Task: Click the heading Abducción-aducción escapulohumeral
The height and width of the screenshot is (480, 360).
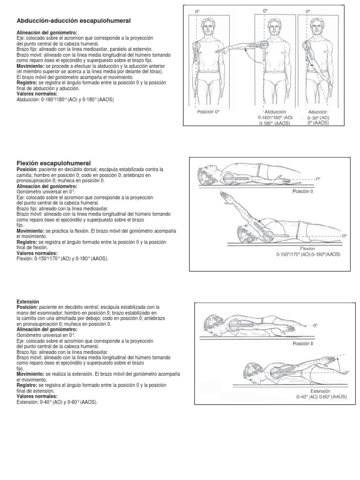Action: coord(74,21)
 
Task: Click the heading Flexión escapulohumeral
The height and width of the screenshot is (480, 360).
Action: coord(54,163)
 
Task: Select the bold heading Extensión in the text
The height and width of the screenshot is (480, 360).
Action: coord(29,301)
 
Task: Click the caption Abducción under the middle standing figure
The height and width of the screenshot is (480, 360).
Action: coord(275,112)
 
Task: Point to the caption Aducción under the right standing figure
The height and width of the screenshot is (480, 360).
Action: coord(318,112)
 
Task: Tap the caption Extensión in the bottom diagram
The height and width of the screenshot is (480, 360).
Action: coord(321,390)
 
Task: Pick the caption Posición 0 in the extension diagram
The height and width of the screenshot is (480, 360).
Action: coord(304,343)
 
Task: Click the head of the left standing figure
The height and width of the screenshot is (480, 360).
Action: coord(208,24)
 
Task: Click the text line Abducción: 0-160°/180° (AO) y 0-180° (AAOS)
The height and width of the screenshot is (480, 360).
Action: coord(65,99)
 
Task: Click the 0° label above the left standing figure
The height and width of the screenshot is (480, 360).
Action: coord(197,10)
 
